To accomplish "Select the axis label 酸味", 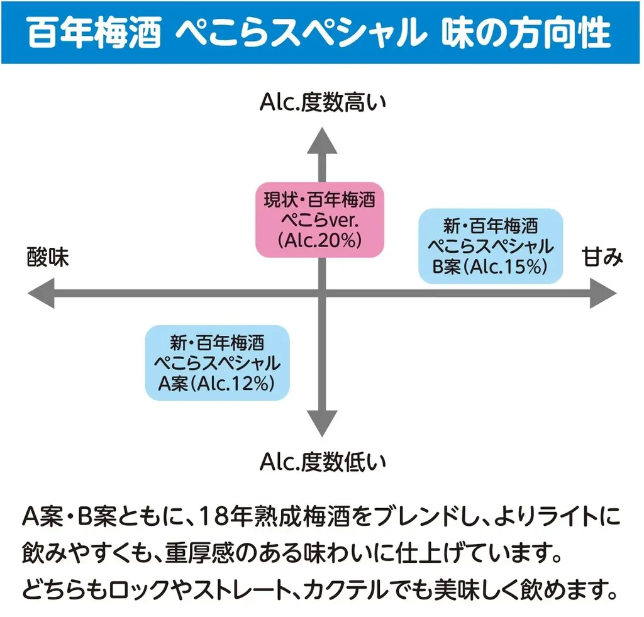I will [x=48, y=258].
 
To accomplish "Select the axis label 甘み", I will [x=602, y=258].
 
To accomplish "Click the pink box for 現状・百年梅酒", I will [x=319, y=220].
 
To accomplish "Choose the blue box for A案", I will [x=217, y=363].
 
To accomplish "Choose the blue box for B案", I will [x=491, y=245].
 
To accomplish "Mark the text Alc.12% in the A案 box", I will [x=242, y=384].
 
